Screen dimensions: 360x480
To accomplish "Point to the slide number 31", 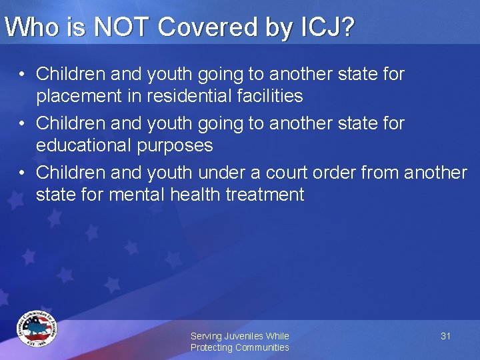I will click(445, 336).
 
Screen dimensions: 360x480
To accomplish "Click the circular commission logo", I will click(37, 329).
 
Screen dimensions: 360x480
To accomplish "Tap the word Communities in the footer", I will click(262, 347).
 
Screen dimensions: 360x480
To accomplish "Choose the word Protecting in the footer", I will click(211, 347).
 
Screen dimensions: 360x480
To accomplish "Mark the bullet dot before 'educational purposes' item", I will click(22, 123).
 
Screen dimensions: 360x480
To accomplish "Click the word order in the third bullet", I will click(338, 173).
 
